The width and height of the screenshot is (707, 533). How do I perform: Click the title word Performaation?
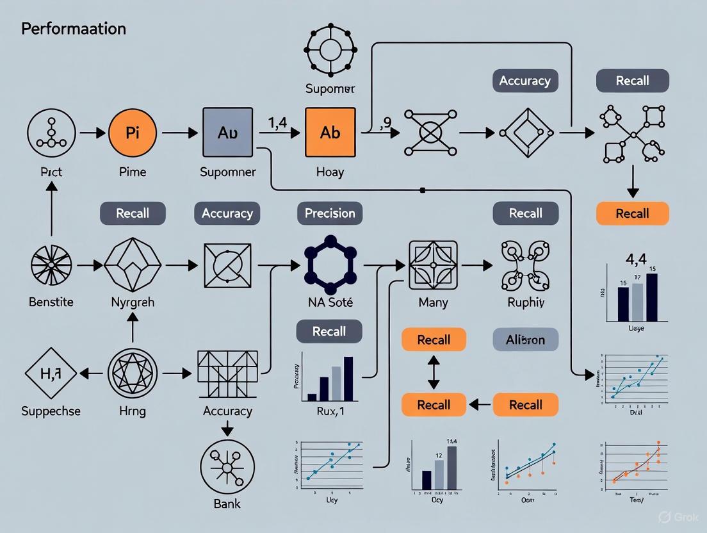click(x=74, y=29)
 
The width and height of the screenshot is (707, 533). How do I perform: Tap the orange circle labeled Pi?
click(x=133, y=133)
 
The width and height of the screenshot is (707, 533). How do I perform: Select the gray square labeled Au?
click(x=227, y=133)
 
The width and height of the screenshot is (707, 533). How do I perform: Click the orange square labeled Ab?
click(x=330, y=132)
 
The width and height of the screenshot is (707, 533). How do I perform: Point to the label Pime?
click(x=133, y=172)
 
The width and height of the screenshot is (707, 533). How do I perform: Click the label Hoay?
click(x=330, y=172)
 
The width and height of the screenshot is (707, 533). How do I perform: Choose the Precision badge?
click(x=330, y=213)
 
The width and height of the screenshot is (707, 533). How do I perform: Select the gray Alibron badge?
click(x=525, y=340)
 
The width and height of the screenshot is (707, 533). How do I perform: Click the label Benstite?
click(x=51, y=302)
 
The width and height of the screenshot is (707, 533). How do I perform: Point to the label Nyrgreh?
click(x=133, y=302)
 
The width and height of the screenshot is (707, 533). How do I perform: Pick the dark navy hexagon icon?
click(x=330, y=263)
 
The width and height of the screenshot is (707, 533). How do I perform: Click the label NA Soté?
click(x=330, y=302)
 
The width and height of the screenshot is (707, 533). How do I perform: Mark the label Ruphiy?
click(x=525, y=302)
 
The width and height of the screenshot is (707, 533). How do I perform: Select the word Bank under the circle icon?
click(x=227, y=504)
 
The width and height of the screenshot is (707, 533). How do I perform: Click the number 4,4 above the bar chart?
click(x=631, y=260)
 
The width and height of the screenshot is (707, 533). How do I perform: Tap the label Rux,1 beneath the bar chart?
click(x=330, y=412)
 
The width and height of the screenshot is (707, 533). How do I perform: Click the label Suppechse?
click(x=51, y=411)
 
